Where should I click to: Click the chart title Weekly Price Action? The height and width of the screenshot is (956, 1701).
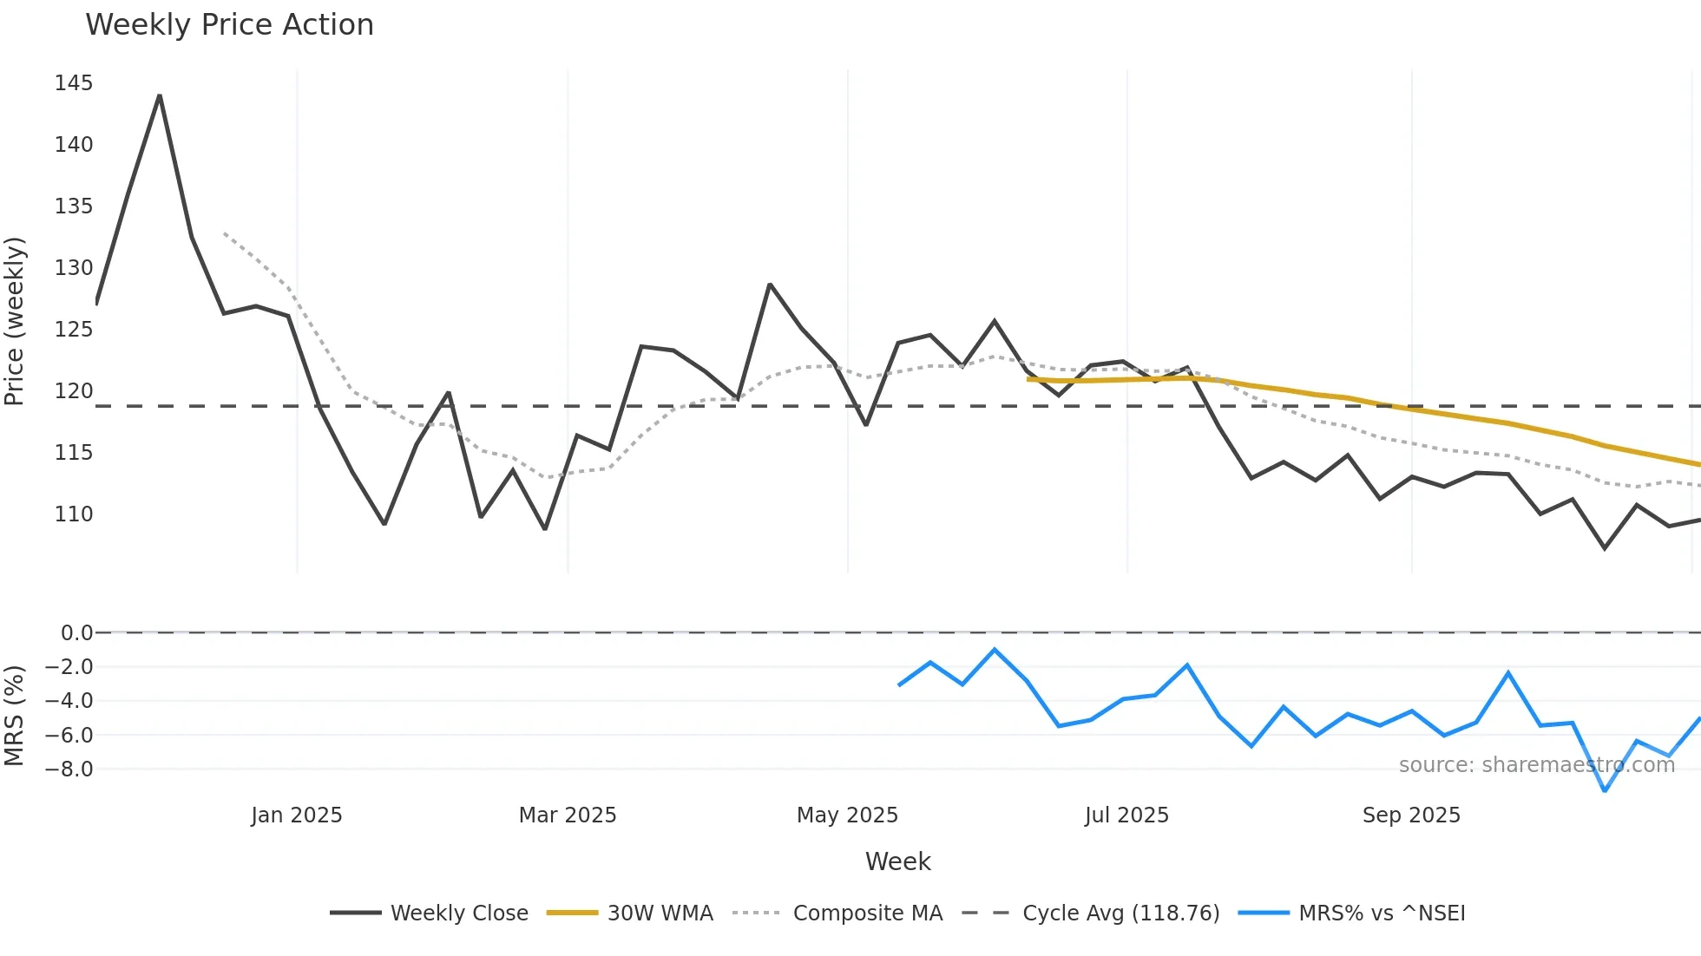229,25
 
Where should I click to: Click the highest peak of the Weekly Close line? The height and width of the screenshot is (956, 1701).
160,95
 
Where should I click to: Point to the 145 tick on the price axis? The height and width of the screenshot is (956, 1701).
74,83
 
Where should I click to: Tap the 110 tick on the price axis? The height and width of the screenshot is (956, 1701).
74,514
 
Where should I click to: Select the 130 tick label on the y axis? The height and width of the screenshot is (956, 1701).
74,268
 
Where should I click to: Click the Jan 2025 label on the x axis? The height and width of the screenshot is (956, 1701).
297,815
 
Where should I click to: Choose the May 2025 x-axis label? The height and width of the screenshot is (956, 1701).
847,815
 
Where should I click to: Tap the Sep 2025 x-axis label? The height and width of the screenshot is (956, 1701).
1411,815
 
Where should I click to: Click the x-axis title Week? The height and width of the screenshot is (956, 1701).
897,861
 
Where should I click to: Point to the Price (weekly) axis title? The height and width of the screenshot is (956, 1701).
15,321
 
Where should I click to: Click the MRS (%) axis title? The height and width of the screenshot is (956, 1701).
15,716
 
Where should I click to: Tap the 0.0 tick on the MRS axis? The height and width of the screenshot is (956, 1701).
76,633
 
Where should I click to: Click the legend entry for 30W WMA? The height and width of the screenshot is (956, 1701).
660,913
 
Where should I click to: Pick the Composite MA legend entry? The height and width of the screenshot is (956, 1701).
867,913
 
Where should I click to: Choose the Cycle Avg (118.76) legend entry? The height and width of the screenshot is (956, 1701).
1120,913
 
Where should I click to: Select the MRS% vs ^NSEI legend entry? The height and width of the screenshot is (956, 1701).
1382,913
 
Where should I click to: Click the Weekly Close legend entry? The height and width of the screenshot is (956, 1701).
458,913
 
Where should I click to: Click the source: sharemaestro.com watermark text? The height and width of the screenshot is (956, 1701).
1536,765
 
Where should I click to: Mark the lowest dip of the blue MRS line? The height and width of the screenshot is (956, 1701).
1605,790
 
